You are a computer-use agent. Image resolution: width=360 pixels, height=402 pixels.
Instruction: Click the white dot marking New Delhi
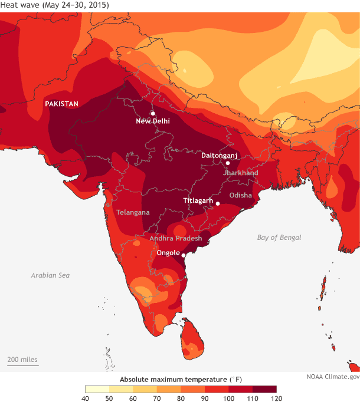(153, 113)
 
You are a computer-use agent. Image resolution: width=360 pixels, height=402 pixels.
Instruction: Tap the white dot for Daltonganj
(228, 163)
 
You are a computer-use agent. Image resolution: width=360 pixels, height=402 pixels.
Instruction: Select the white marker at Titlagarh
(218, 204)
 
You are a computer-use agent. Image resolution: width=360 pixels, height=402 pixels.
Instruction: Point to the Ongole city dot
(184, 255)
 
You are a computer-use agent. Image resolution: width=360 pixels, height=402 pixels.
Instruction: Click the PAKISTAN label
(62, 104)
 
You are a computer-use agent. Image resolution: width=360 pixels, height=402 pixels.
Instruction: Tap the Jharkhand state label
(241, 173)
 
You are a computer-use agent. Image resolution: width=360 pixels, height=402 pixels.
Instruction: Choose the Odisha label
(241, 195)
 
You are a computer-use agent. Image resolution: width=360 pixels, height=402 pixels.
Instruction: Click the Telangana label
(133, 212)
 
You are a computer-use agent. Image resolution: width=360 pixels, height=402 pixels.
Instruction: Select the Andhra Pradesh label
(176, 238)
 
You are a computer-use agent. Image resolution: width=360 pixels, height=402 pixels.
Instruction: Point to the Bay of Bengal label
(279, 238)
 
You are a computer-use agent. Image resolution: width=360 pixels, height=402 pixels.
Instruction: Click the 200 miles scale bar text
(22, 359)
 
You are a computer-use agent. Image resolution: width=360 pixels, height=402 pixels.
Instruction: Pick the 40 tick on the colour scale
(85, 399)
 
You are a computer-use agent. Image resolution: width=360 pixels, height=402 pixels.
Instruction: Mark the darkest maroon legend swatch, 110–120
(264, 389)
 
